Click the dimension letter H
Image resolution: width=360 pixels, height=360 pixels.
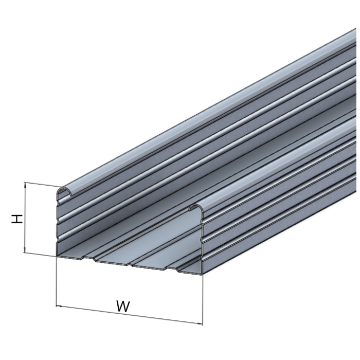click(17, 219)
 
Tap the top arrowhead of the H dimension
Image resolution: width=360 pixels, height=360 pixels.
click(24, 185)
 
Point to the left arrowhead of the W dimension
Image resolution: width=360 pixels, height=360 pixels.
click(58, 306)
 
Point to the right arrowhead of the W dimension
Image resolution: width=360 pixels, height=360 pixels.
click(201, 323)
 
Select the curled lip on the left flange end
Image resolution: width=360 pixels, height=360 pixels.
click(64, 192)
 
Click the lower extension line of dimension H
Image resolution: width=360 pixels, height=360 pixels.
click(39, 254)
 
